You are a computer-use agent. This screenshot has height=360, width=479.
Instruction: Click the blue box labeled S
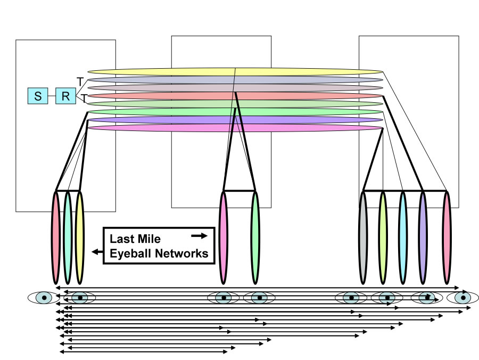pyautogui.click(x=37, y=96)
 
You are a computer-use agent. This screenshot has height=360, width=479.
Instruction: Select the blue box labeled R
pyautogui.click(x=65, y=96)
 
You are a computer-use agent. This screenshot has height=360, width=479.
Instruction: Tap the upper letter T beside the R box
pyautogui.click(x=80, y=81)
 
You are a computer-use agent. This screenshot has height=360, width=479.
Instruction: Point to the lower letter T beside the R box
pyautogui.click(x=83, y=98)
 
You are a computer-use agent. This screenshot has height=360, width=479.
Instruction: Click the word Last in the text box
pyautogui.click(x=121, y=239)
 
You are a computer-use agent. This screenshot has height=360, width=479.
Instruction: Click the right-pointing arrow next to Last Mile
pyautogui.click(x=199, y=235)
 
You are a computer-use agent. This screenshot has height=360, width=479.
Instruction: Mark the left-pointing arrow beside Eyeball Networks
pyautogui.click(x=97, y=252)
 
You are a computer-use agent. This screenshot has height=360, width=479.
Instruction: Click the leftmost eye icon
pyautogui.click(x=44, y=297)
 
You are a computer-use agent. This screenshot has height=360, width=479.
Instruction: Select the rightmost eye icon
pyautogui.click(x=463, y=297)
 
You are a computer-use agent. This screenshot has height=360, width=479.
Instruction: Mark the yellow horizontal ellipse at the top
pyautogui.click(x=234, y=71)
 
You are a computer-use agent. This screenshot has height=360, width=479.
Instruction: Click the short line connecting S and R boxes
pyautogui.click(x=51, y=96)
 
